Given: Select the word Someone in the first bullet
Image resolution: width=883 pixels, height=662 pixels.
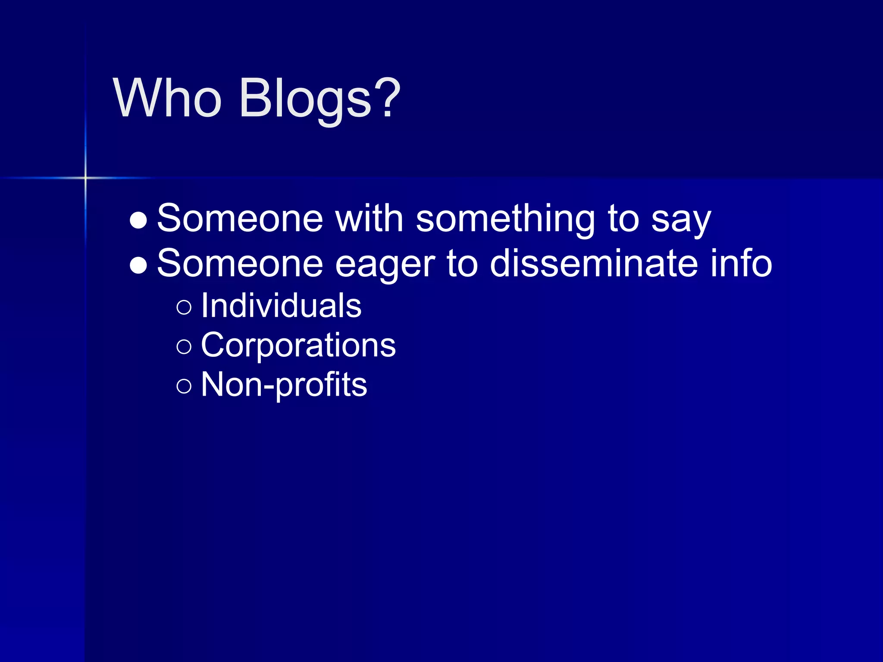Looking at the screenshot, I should tap(240, 219).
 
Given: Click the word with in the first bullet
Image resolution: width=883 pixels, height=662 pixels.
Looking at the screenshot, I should tap(369, 219).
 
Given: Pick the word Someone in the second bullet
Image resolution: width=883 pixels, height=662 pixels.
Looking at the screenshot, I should tap(240, 263).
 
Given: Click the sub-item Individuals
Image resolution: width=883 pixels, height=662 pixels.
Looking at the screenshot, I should tap(281, 306).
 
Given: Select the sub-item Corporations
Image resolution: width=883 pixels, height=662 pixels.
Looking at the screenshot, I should tap(298, 345).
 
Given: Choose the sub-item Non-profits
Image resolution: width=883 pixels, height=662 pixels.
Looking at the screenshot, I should tap(284, 385).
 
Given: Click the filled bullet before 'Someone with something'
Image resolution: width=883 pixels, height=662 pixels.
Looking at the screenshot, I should tap(138, 220).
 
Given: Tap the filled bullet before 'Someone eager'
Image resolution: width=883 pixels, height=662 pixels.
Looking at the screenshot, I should tap(138, 265).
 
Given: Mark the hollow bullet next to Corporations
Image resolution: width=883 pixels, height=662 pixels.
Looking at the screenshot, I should tap(184, 347).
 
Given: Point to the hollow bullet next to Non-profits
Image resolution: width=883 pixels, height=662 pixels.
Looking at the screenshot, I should tap(184, 386).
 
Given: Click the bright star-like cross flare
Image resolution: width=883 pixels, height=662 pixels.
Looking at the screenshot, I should tap(85, 178).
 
